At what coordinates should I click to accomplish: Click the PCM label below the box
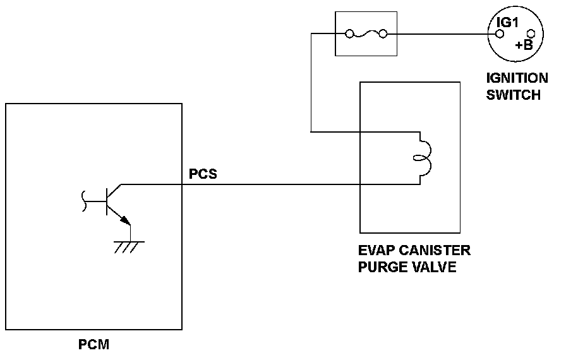click(x=94, y=345)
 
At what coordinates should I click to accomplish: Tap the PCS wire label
click(x=202, y=174)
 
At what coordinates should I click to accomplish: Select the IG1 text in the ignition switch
click(x=508, y=23)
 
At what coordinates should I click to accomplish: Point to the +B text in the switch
click(x=524, y=45)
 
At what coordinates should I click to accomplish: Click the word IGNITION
click(x=517, y=79)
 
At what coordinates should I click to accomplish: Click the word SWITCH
click(x=514, y=95)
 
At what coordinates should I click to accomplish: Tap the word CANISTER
click(x=436, y=251)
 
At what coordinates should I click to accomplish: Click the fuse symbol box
click(x=366, y=33)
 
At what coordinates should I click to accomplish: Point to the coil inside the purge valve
click(x=421, y=158)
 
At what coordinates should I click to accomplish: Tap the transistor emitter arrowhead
click(x=127, y=221)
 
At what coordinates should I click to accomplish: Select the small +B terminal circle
click(x=531, y=34)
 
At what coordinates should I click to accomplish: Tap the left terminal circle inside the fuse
click(x=347, y=34)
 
